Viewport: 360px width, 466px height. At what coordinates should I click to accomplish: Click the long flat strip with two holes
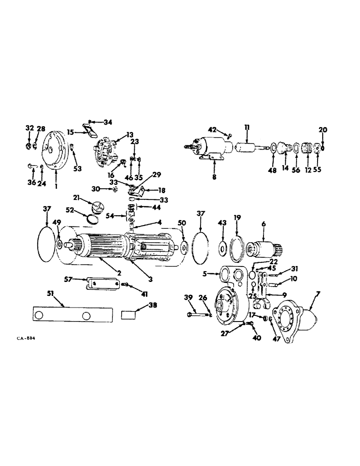(x=70, y=315)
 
